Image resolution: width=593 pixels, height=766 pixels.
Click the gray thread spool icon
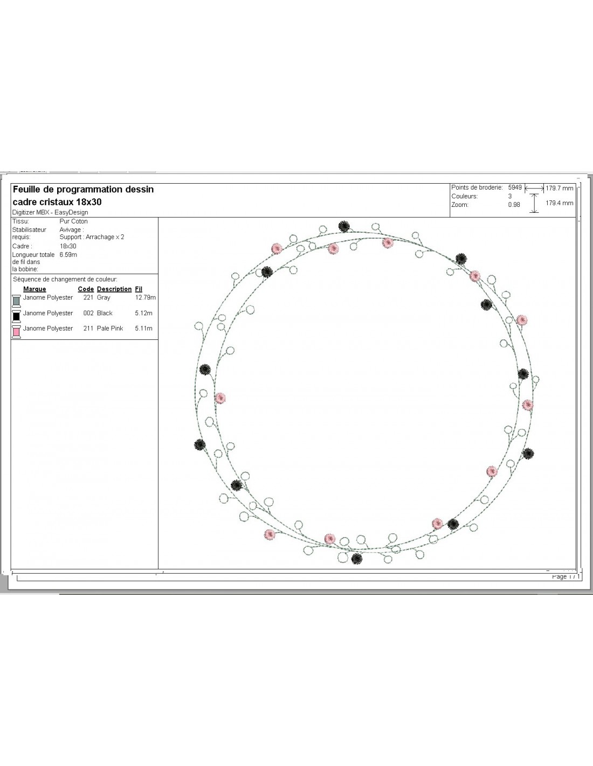16,301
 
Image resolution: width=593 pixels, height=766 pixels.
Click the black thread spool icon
16,316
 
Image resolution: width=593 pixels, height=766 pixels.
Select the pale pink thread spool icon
16,332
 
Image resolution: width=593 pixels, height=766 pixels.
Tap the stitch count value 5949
515,187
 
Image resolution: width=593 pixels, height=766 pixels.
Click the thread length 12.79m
146,297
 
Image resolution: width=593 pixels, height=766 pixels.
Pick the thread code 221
88,297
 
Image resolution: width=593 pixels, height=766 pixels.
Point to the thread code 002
88,313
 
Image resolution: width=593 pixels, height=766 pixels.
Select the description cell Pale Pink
110,329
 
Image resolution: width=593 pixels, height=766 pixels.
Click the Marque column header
35,289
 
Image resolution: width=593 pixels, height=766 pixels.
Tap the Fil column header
139,289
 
